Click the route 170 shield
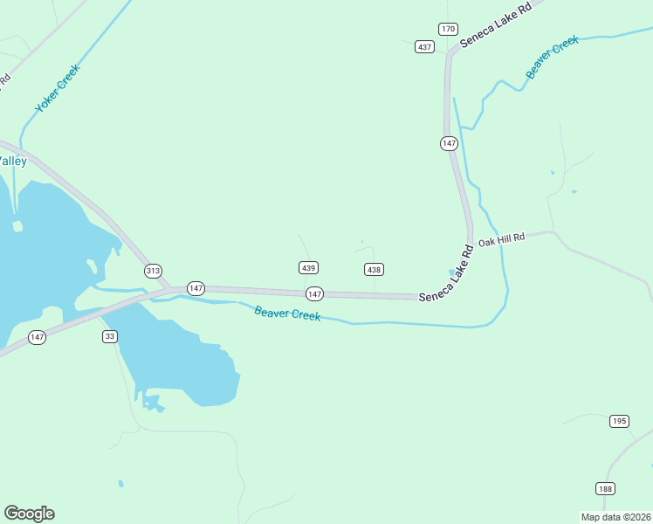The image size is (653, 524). pyautogui.click(x=448, y=29)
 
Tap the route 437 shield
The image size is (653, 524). pyautogui.click(x=424, y=46)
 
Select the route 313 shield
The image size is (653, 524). pyautogui.click(x=153, y=271)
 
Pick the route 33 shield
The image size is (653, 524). pyautogui.click(x=109, y=336)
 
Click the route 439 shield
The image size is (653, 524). pyautogui.click(x=308, y=267)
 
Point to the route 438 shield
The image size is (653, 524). pyautogui.click(x=374, y=270)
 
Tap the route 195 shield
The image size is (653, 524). pyautogui.click(x=619, y=421)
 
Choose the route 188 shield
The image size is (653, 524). pyautogui.click(x=606, y=487)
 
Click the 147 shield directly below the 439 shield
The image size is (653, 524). pyautogui.click(x=315, y=294)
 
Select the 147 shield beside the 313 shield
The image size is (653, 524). pyautogui.click(x=196, y=287)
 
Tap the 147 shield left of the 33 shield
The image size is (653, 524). pyautogui.click(x=37, y=337)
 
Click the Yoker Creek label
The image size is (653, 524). pyautogui.click(x=57, y=88)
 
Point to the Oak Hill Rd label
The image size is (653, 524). pyautogui.click(x=501, y=238)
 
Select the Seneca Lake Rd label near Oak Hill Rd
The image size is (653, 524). pyautogui.click(x=446, y=273)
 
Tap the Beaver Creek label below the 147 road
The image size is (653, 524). pyautogui.click(x=287, y=313)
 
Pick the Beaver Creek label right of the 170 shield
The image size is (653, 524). pyautogui.click(x=553, y=57)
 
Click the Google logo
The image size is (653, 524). pyautogui.click(x=29, y=514)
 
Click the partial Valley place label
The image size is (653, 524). pyautogui.click(x=12, y=161)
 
